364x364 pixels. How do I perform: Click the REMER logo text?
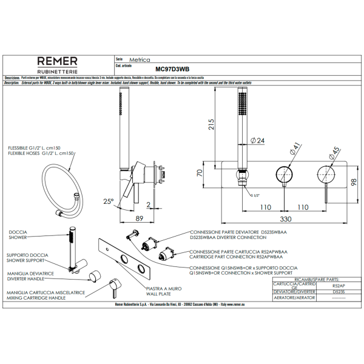(58, 61)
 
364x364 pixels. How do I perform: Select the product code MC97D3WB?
(172, 70)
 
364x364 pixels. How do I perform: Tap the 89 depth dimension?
(139, 218)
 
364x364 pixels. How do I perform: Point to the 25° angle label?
(108, 201)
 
